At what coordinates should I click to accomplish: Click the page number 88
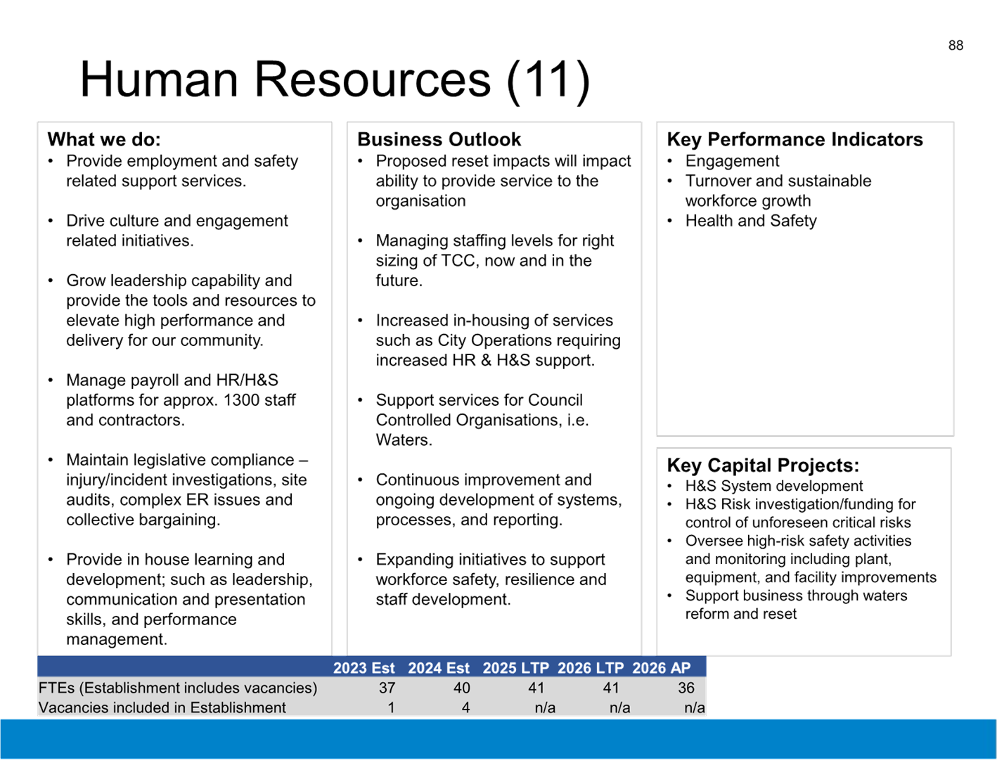click(x=956, y=46)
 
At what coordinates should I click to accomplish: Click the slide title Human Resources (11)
click(x=335, y=80)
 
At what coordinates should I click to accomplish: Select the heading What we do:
click(x=104, y=139)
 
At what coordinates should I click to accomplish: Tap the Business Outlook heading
click(x=439, y=139)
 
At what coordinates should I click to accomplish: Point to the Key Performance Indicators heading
click(x=795, y=139)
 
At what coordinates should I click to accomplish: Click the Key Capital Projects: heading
click(x=763, y=466)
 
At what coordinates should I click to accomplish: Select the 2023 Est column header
click(x=364, y=668)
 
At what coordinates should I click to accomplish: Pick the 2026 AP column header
click(x=661, y=668)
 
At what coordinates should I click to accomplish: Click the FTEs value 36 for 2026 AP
click(x=686, y=688)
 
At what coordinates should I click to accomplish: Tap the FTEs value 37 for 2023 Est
click(x=387, y=688)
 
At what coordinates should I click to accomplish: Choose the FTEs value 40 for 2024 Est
click(x=461, y=688)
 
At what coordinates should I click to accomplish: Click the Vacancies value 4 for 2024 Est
click(x=465, y=707)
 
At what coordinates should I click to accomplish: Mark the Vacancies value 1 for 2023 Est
click(x=391, y=707)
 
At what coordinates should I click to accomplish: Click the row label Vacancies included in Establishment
click(x=162, y=707)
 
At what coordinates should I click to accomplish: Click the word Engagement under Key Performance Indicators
click(x=732, y=162)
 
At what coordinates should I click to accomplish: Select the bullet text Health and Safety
click(x=751, y=221)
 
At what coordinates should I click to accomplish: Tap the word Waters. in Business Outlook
click(x=404, y=440)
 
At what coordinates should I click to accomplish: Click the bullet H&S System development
click(x=774, y=486)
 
